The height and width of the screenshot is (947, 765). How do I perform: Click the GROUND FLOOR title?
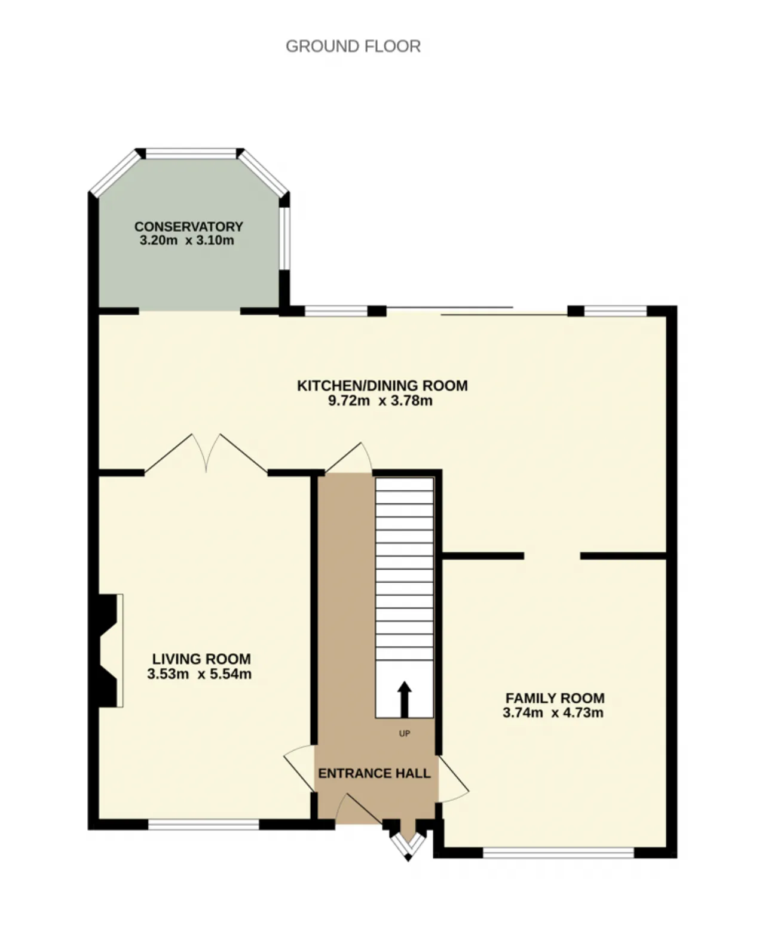[x=353, y=46]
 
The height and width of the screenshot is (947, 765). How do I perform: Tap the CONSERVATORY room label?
[x=189, y=226]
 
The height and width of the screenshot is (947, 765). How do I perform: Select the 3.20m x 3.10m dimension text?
[x=187, y=241]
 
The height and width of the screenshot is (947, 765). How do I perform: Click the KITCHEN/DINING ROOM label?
[x=382, y=386]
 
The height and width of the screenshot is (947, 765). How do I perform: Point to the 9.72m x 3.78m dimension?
[x=380, y=401]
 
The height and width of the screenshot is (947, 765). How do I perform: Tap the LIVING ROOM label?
[x=201, y=659]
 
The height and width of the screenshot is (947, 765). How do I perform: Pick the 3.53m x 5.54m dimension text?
[x=200, y=674]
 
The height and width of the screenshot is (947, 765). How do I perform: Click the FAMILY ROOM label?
[x=555, y=697]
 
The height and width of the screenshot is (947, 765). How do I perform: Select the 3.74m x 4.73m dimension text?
[x=553, y=713]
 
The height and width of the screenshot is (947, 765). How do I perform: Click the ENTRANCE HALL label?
[x=374, y=773]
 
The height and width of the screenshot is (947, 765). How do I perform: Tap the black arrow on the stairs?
[x=404, y=699]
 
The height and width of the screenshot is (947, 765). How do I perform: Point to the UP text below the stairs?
[x=404, y=733]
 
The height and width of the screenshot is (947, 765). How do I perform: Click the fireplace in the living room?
[x=108, y=650]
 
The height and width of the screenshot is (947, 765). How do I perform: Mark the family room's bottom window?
[x=558, y=852]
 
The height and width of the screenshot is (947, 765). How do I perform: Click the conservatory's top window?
[x=191, y=154]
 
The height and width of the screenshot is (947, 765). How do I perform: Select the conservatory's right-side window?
[x=284, y=238]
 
